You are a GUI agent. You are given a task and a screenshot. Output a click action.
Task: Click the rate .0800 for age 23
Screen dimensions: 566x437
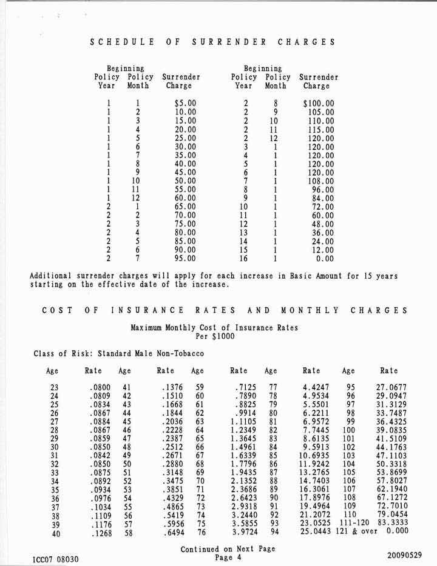pos(99,386)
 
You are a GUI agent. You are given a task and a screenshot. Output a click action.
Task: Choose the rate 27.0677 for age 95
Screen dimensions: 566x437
pos(392,386)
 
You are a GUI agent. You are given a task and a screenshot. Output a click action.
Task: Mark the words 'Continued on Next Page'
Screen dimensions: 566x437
pos(228,548)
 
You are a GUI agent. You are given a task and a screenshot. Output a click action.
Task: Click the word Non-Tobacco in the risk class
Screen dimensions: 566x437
pos(180,353)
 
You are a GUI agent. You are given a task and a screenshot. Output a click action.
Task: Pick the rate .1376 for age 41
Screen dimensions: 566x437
pos(172,386)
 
